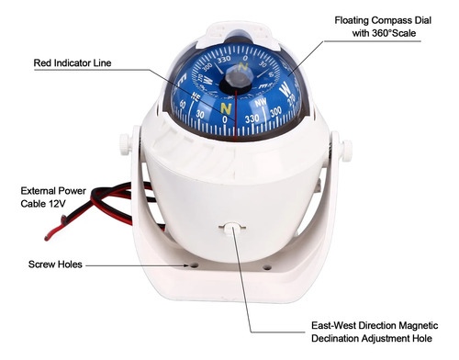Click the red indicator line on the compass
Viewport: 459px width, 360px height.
(236, 116)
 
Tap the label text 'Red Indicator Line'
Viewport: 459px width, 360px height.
(73, 63)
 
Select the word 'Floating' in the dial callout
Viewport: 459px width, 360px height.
(352, 20)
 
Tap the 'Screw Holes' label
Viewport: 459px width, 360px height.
(55, 264)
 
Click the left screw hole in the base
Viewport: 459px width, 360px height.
(194, 265)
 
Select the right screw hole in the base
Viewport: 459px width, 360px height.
(267, 268)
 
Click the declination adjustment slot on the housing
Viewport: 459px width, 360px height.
(232, 228)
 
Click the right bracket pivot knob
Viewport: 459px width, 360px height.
(347, 151)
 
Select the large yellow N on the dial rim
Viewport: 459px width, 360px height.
(226, 108)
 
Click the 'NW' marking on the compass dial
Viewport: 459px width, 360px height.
(261, 103)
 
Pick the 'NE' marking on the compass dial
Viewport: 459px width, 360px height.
(196, 96)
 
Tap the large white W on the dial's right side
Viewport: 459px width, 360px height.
(285, 88)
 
